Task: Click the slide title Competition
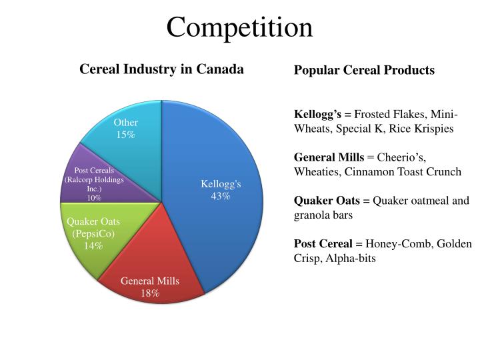click(239, 27)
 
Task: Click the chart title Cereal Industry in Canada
click(161, 69)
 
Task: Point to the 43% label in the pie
click(221, 196)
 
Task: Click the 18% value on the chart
click(150, 293)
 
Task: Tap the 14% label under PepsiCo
click(93, 245)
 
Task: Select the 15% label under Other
click(125, 135)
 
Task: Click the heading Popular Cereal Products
click(364, 70)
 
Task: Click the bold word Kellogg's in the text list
click(317, 115)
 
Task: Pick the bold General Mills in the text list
click(329, 157)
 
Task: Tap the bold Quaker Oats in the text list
click(327, 201)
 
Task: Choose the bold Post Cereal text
click(323, 244)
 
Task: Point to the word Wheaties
click(314, 171)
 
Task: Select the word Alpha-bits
click(350, 258)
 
